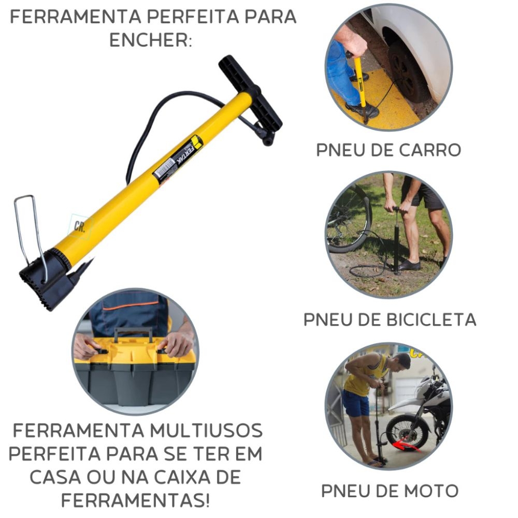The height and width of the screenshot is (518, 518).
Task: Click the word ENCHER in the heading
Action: pyautogui.click(x=150, y=40)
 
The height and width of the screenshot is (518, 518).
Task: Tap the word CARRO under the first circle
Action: pyautogui.click(x=430, y=150)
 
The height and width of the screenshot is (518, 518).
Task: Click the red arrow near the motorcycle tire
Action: pyautogui.click(x=409, y=445)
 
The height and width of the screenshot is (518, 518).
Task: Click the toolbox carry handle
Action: pyautogui.click(x=134, y=334)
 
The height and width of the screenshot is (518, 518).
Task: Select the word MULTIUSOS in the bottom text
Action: pyautogui.click(x=207, y=431)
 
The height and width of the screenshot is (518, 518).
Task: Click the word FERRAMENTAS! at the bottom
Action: pyautogui.click(x=135, y=501)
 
